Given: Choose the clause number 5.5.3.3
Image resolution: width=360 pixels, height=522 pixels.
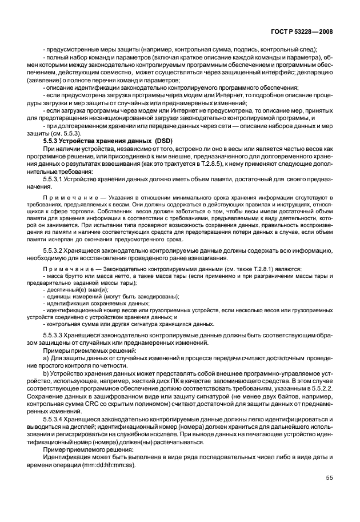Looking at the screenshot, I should click(x=54, y=334).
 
